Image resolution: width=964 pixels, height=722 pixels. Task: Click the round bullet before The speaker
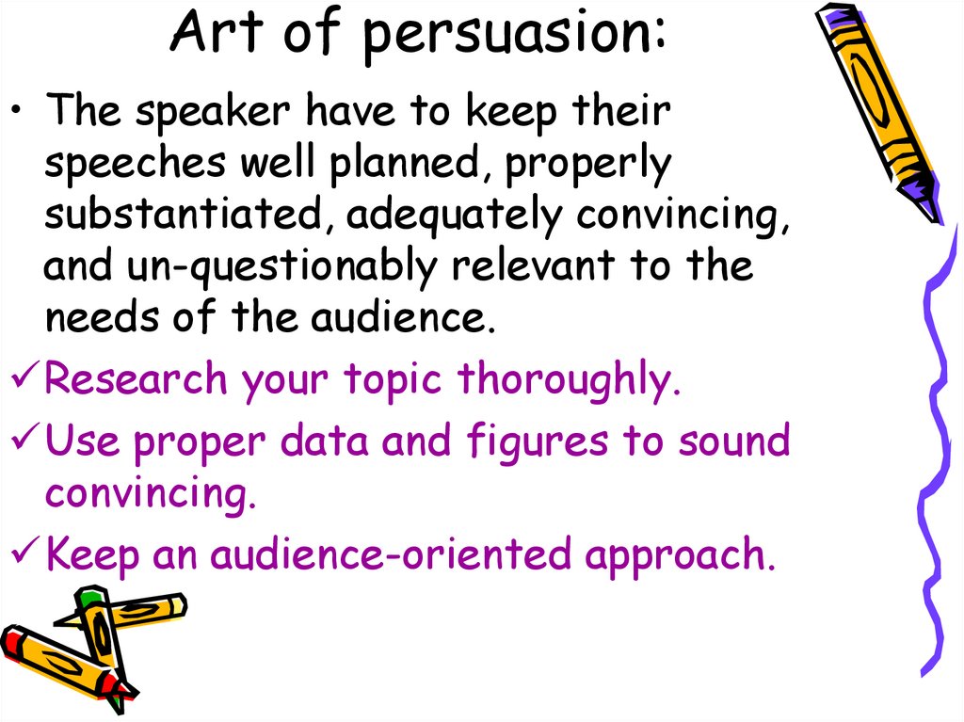22,114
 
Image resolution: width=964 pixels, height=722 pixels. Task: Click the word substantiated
185,216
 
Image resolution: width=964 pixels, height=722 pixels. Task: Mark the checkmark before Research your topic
24,380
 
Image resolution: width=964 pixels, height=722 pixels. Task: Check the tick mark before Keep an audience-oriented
24,554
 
